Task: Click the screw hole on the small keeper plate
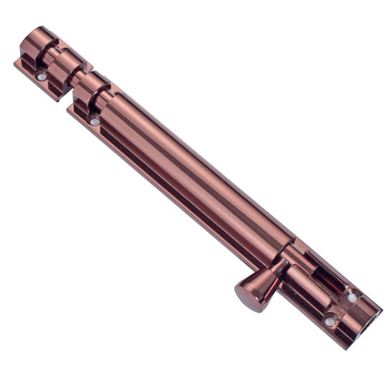(x=41, y=76)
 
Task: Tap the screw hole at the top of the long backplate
(x=94, y=121)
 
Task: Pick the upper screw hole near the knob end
(x=352, y=296)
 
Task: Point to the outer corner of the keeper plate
(x=15, y=63)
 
